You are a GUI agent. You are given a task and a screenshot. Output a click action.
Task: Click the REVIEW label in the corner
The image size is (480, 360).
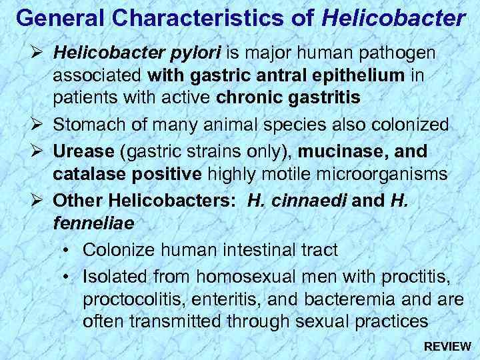click(x=448, y=347)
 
